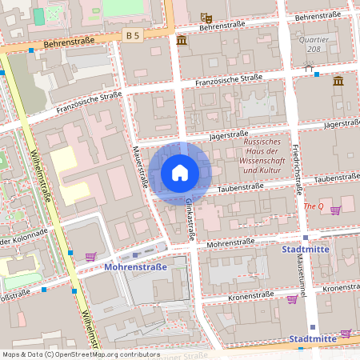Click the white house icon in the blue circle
coord(180,173)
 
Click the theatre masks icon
coord(206,18)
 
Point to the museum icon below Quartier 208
coord(338,81)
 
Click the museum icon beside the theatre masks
coord(182,40)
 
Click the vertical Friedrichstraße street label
coord(298,168)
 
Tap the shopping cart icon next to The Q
coord(335,210)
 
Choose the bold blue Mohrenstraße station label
coord(136,267)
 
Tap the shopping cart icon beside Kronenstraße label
coord(292,298)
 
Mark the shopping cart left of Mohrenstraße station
coord(90,257)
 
